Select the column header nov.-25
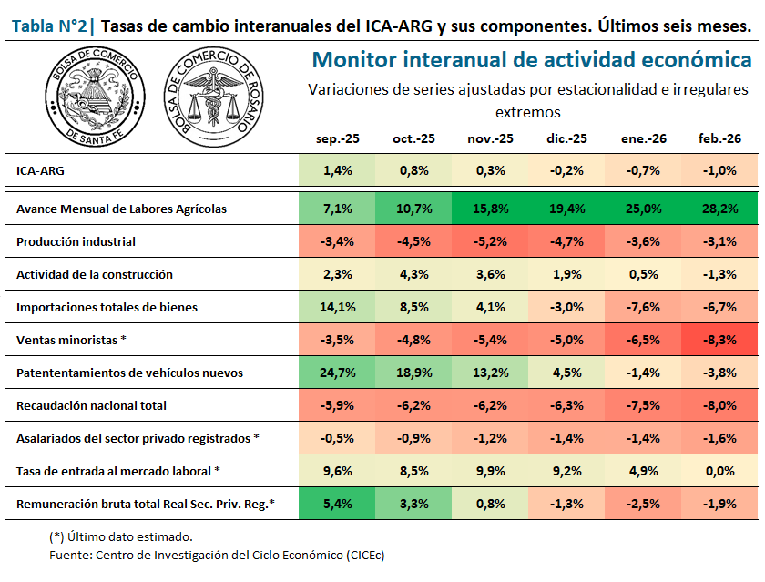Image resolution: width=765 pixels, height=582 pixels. tap(490, 138)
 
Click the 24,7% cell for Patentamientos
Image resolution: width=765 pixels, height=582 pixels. tap(337, 373)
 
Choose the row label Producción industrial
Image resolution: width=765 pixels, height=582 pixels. tap(76, 241)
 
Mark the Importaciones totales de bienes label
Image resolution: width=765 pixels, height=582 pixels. tap(107, 307)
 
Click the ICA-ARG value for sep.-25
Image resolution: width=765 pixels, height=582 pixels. tap(337, 170)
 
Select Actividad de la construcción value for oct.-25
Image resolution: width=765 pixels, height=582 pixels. tap(413, 274)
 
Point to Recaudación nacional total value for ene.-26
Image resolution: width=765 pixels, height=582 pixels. tap(643, 405)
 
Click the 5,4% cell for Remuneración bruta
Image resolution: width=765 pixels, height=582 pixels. tap(337, 504)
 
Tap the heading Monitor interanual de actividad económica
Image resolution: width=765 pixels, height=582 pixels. tap(532, 60)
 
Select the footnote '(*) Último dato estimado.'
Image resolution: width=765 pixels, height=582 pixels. tap(120, 536)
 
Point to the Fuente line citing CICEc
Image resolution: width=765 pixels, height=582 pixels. tap(217, 555)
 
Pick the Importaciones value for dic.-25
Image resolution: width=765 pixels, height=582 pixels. tap(566, 307)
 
